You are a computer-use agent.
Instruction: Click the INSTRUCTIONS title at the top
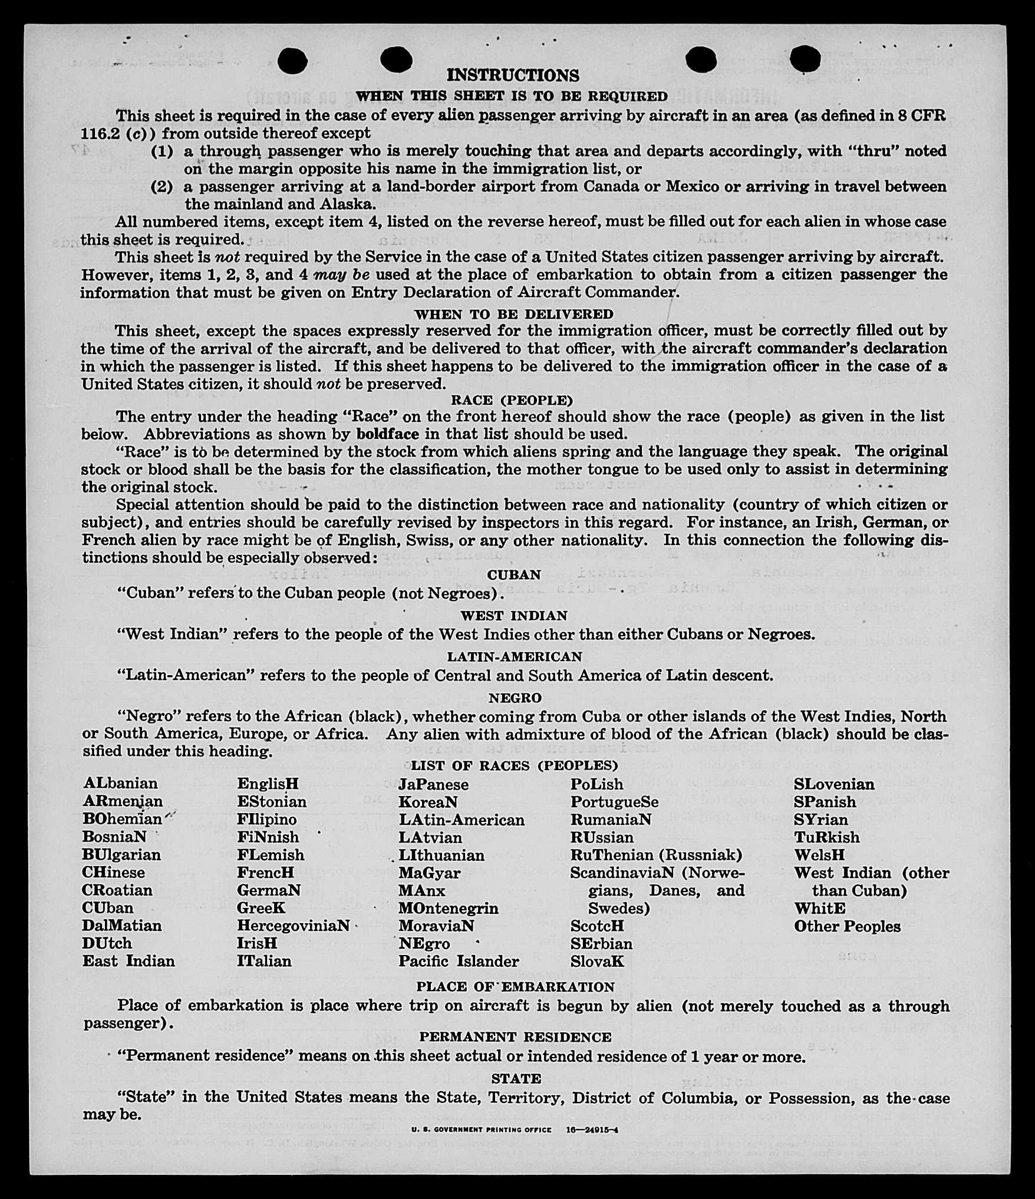pyautogui.click(x=513, y=75)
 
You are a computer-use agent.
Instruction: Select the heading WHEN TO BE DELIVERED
pyautogui.click(x=514, y=314)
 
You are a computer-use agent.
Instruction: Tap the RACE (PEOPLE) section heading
pyautogui.click(x=512, y=401)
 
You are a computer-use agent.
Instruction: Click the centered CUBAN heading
pyautogui.click(x=514, y=574)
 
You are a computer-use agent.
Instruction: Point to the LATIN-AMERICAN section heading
pyautogui.click(x=515, y=656)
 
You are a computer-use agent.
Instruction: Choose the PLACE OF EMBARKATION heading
pyautogui.click(x=515, y=986)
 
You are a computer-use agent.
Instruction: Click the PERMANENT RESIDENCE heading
pyautogui.click(x=515, y=1036)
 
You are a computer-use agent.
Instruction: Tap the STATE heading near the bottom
pyautogui.click(x=516, y=1078)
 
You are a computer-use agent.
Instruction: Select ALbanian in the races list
pyautogui.click(x=121, y=783)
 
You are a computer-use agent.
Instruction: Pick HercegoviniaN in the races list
pyautogui.click(x=294, y=925)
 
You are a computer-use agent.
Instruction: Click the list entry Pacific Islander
pyautogui.click(x=459, y=961)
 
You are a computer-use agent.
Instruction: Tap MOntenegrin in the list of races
pyautogui.click(x=448, y=908)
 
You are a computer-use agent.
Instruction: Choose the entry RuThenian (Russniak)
pyautogui.click(x=656, y=854)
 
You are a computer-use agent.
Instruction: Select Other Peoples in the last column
pyautogui.click(x=847, y=926)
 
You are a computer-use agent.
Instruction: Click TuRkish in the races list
pyautogui.click(x=826, y=837)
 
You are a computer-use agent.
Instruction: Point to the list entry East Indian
pyautogui.click(x=128, y=961)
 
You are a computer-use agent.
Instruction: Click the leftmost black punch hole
pyautogui.click(x=292, y=61)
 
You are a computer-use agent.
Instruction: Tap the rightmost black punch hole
pyautogui.click(x=805, y=60)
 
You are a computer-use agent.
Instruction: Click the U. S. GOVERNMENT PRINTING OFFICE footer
pyautogui.click(x=482, y=1130)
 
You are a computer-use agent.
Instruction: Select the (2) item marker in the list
pyautogui.click(x=162, y=187)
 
